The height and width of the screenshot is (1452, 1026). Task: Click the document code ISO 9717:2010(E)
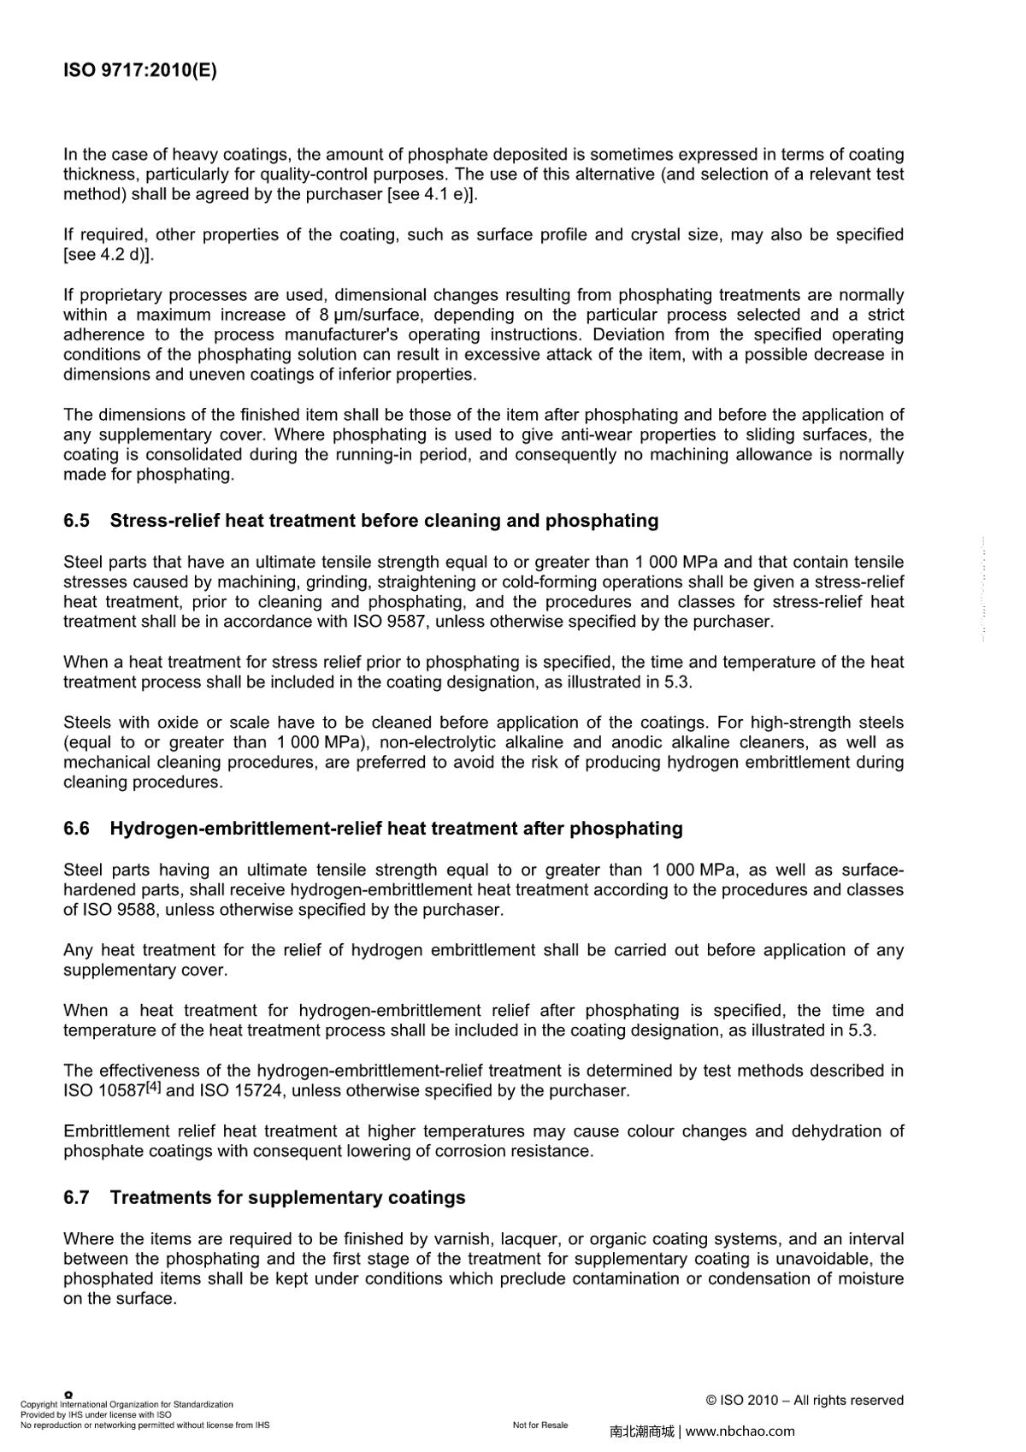[140, 70]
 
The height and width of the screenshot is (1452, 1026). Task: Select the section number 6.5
[76, 521]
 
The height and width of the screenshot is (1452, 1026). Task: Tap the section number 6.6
[76, 829]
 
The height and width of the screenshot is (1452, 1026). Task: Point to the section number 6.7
[76, 1197]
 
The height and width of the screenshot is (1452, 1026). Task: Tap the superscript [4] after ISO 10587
[153, 1088]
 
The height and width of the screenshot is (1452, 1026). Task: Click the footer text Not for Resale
[540, 1425]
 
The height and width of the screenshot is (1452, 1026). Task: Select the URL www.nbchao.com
[740, 1431]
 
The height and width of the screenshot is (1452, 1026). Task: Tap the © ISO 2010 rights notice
[805, 1400]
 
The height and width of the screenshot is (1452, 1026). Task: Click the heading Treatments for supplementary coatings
[287, 1197]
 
